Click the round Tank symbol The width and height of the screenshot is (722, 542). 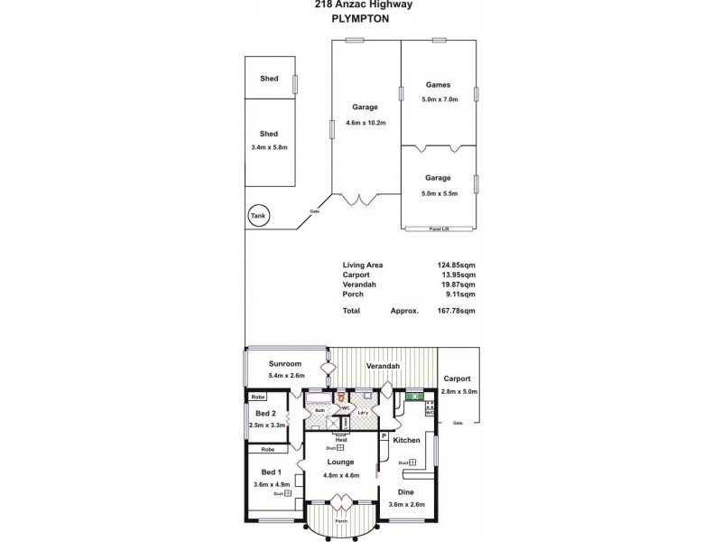258,216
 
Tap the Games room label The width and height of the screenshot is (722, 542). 437,86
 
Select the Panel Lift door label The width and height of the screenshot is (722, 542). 440,229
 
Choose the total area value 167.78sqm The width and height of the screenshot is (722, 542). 458,311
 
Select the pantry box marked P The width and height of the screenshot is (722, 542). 384,436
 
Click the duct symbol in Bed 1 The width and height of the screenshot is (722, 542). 288,493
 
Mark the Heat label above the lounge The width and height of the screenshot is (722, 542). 341,440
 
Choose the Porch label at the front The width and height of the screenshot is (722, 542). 340,520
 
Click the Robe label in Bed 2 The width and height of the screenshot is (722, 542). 258,397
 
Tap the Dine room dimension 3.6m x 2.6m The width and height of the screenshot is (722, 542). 406,504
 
